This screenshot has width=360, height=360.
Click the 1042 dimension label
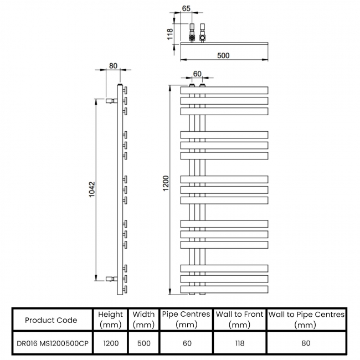coord(92,189)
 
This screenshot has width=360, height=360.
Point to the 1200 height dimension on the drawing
coord(166,183)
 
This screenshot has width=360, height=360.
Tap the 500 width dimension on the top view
coord(223,55)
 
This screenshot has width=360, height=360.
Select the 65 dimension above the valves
coord(186,8)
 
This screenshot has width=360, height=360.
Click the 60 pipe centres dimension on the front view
coord(197,74)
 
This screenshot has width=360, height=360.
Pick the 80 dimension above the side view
coord(113,66)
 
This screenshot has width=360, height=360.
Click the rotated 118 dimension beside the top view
coord(170,34)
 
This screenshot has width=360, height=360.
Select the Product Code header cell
coord(51,320)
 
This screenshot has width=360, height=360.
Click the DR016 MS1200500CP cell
coord(53,343)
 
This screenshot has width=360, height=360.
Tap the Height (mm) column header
coord(110,320)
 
